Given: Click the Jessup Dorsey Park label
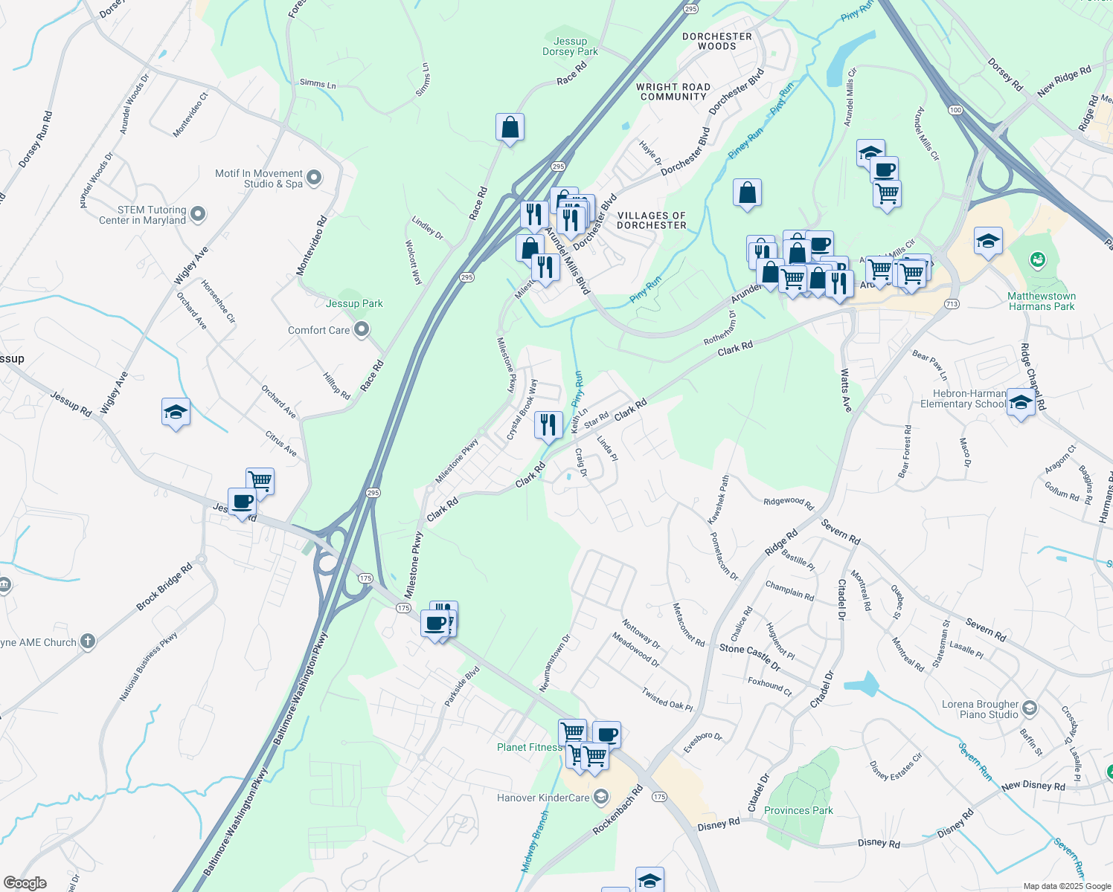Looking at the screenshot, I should [x=570, y=47].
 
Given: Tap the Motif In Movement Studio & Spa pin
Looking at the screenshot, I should [x=314, y=178].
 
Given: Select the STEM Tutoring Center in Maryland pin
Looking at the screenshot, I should [x=198, y=215].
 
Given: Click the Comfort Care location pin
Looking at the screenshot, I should [x=362, y=329].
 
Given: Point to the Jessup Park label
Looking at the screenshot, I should [x=354, y=303].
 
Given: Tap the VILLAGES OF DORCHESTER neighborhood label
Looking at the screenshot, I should [x=651, y=220].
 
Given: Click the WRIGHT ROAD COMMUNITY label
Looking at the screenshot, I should [x=673, y=91].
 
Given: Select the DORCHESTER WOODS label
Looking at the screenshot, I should [x=717, y=41].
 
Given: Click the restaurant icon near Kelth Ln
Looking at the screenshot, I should [x=548, y=425].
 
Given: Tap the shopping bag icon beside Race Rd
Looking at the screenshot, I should [x=510, y=127].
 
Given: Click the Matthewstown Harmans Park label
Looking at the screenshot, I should [x=1041, y=301].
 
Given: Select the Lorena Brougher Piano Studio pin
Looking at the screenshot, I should [x=1029, y=707].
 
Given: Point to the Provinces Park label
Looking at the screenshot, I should [x=798, y=810].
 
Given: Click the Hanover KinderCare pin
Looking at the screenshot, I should [x=600, y=798].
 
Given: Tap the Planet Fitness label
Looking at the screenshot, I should [x=528, y=747].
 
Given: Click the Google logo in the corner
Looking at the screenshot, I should [x=25, y=883].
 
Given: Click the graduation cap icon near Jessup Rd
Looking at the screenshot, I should [x=176, y=412].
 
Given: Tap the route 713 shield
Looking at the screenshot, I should [x=952, y=304].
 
